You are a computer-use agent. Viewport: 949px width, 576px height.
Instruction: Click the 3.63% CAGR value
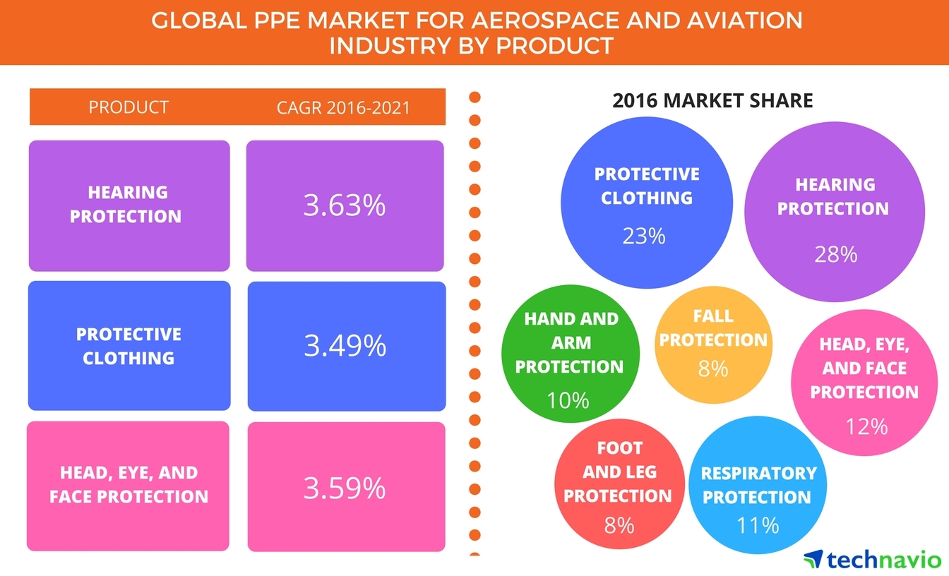click(345, 205)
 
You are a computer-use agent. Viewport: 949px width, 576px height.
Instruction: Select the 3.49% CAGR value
click(345, 345)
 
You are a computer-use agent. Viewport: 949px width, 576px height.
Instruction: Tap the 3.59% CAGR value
click(345, 488)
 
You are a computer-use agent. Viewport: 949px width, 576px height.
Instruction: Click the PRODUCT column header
click(129, 107)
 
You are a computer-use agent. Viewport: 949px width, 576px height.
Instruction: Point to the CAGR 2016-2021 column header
click(343, 108)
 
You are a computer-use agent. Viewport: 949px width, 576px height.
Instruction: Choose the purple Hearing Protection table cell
click(129, 206)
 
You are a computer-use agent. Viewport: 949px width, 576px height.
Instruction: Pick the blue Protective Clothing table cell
click(129, 346)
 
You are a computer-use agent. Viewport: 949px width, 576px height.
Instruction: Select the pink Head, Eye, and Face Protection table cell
click(128, 486)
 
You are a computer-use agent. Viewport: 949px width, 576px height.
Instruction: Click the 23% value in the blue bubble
click(643, 236)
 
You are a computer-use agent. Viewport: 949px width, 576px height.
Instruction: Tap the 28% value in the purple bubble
click(835, 255)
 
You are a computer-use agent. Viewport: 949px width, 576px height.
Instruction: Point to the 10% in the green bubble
click(568, 400)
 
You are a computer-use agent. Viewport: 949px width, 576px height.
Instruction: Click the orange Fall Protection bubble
click(713, 344)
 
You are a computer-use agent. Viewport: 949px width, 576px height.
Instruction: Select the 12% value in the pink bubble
click(866, 426)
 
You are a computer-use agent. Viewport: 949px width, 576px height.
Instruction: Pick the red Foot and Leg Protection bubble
click(619, 484)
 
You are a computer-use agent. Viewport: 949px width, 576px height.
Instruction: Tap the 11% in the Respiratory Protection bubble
click(758, 525)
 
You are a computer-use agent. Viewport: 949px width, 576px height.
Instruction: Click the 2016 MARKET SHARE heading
click(712, 101)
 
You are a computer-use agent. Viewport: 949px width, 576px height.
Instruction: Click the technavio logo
click(872, 559)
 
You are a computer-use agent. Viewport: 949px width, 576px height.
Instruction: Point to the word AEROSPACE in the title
click(547, 20)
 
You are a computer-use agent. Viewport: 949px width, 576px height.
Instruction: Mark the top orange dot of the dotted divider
click(475, 97)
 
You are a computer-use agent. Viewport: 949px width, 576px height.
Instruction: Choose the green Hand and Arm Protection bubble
click(571, 354)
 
